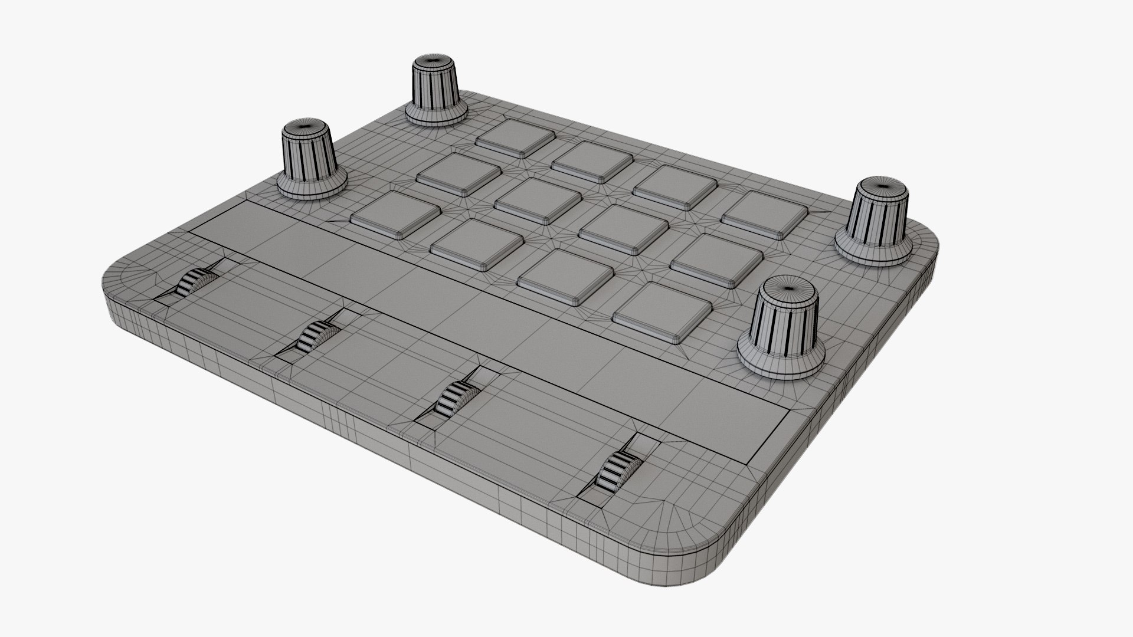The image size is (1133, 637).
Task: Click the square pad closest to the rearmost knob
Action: (515, 138)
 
